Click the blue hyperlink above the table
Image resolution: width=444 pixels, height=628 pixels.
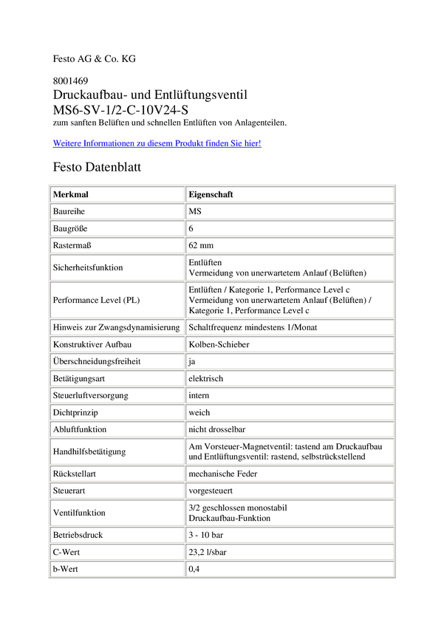click(157, 143)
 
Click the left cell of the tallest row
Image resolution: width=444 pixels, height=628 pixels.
click(117, 300)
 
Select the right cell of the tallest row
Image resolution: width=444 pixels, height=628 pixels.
click(290, 300)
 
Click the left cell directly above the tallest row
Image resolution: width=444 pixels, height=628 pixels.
click(117, 267)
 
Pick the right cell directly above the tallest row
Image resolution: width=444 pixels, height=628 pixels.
click(290, 267)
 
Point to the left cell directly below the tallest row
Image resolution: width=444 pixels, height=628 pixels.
click(117, 327)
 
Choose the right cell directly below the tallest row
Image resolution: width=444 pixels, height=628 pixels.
click(290, 327)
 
